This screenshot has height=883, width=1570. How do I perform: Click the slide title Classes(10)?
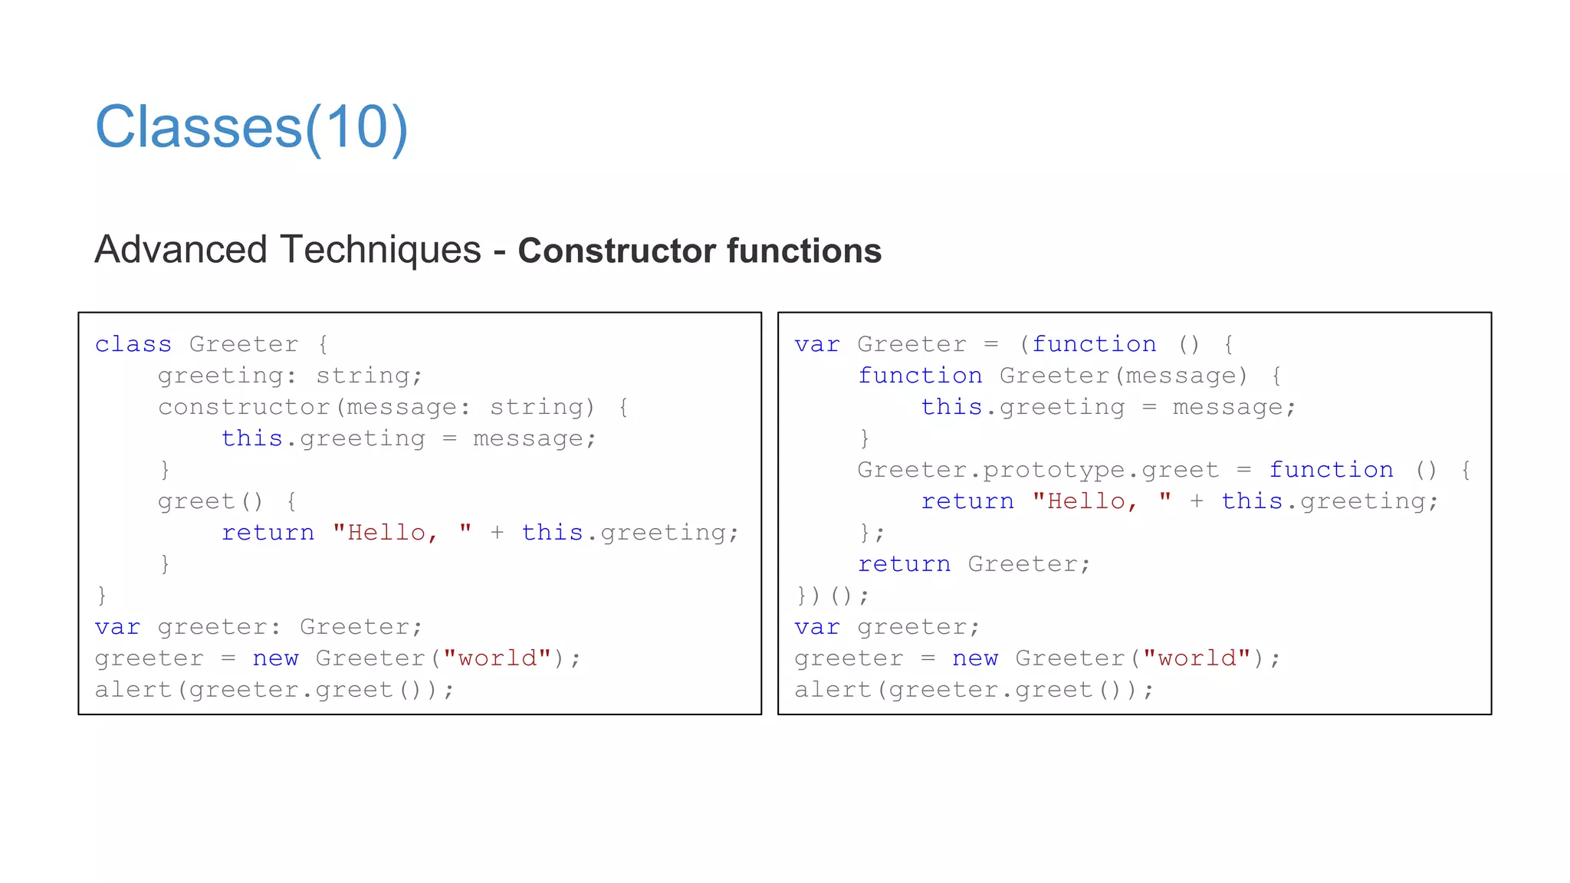pyautogui.click(x=251, y=127)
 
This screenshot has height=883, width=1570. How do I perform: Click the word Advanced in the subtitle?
pyautogui.click(x=181, y=250)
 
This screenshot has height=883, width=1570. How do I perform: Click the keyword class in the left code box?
pyautogui.click(x=133, y=344)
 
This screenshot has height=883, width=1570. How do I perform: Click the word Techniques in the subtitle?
pyautogui.click(x=380, y=250)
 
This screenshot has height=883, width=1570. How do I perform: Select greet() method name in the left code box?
pyautogui.click(x=210, y=501)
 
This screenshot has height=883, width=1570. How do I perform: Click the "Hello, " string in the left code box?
pyautogui.click(x=402, y=533)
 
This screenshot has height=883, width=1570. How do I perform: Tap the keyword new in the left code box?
pyautogui.click(x=275, y=658)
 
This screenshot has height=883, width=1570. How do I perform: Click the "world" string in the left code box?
pyautogui.click(x=497, y=658)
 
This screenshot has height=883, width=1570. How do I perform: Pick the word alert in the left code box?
pyautogui.click(x=133, y=690)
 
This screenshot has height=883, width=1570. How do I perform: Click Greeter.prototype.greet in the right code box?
pyautogui.click(x=1037, y=470)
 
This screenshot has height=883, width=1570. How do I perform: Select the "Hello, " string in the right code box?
pyautogui.click(x=1102, y=501)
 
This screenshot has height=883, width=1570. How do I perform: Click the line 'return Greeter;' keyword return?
pyautogui.click(x=904, y=564)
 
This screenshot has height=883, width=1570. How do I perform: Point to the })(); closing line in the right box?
pyautogui.click(x=832, y=596)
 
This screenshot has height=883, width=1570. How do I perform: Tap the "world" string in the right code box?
pyautogui.click(x=1197, y=658)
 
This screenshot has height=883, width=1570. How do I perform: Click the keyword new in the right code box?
pyautogui.click(x=975, y=658)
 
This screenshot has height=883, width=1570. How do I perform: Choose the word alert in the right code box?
pyautogui.click(x=833, y=690)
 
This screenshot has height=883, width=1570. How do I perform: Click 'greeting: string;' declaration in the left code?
pyautogui.click(x=290, y=376)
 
